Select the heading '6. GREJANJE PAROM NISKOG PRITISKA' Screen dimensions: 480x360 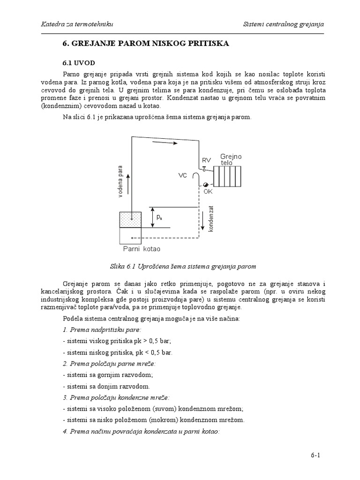tap(146, 44)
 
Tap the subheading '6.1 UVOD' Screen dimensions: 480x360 tap(79, 62)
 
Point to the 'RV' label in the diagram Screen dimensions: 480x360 tap(206, 161)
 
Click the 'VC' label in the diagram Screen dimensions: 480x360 tap(183, 175)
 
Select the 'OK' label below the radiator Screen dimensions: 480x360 tap(208, 191)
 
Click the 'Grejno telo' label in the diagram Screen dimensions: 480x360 tap(231, 159)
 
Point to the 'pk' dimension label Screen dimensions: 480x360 tap(160, 217)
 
